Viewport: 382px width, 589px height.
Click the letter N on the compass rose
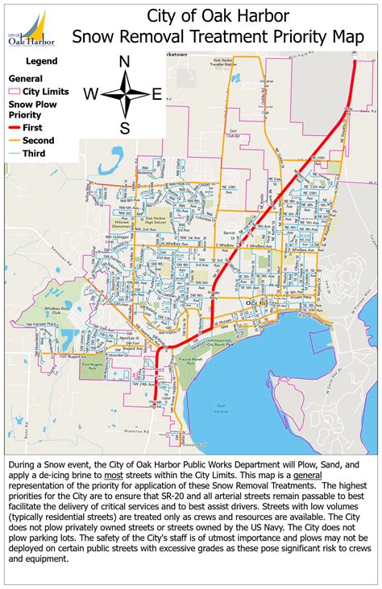125,62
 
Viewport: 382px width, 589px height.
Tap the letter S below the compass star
125,127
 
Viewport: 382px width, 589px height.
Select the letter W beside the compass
91,95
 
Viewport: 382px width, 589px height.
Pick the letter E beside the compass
157,95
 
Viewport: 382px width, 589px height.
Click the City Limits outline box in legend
14,93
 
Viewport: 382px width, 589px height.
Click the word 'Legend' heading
41,60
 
